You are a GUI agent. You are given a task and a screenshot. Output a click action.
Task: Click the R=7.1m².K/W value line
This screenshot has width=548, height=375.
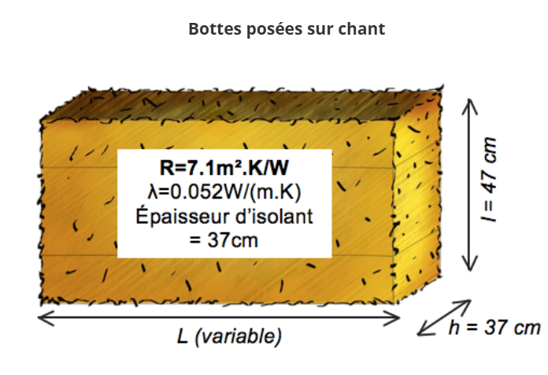coord(224,168)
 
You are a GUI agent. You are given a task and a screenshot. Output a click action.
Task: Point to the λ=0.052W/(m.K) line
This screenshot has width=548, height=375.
coord(224,191)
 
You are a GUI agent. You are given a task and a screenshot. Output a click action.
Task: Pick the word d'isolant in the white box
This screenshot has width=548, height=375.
coord(274,217)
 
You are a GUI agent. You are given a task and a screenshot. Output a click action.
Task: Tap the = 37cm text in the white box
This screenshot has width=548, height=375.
coord(224,240)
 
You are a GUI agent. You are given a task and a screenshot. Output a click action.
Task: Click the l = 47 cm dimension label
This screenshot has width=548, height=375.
coord(489,180)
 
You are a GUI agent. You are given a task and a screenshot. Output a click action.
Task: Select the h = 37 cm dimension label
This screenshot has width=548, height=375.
coord(495,328)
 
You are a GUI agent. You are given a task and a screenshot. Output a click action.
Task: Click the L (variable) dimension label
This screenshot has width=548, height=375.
coord(229,336)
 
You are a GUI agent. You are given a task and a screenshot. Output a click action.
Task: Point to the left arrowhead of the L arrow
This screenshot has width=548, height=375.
coord(46,317)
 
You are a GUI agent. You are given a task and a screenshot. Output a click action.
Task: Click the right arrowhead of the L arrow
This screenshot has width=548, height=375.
coord(392,317)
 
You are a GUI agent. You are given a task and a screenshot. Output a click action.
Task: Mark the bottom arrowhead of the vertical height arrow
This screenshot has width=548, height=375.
coord(470,264)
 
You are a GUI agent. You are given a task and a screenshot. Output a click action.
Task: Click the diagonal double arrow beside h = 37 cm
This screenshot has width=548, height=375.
coord(444,317)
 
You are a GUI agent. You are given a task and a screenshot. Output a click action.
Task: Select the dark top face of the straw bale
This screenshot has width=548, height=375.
coord(241,104)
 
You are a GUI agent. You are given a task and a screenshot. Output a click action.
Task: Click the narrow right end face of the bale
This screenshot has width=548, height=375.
coord(417,196)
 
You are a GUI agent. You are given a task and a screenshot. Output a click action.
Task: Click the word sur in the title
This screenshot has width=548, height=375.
coord(320,30)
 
